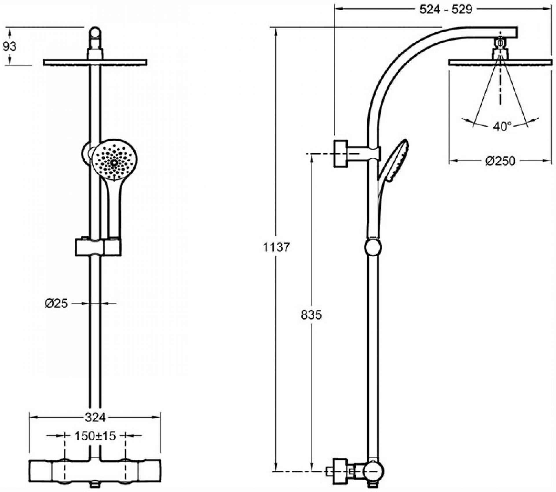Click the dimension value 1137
coord(276,247)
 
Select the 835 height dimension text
coord(311,315)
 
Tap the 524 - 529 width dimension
coord(446,10)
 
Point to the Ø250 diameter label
coord(500,161)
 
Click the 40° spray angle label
coord(502,126)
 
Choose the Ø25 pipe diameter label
coord(56,303)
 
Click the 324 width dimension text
coord(95,417)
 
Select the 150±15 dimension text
coord(95,435)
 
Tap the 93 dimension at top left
coord(10,46)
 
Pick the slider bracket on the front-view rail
coord(98,247)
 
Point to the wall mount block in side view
coord(341,154)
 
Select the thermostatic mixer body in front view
coord(95,471)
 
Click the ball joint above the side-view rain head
coord(500,43)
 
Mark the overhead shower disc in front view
coord(95,62)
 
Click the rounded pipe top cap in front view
coord(95,33)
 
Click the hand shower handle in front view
coord(114,209)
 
